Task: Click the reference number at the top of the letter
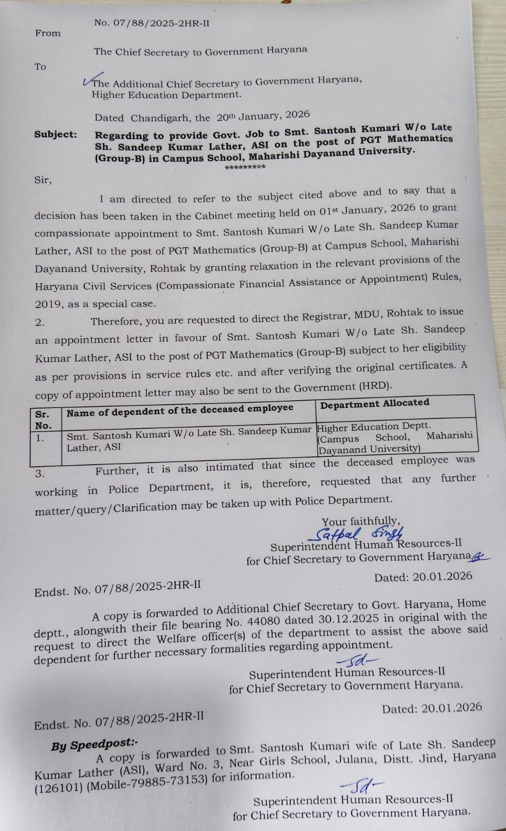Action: click(x=152, y=23)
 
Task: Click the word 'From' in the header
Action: click(x=48, y=33)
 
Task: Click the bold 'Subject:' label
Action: click(x=56, y=135)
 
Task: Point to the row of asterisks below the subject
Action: click(x=245, y=167)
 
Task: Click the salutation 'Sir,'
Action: click(x=43, y=180)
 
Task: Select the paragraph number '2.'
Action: click(x=40, y=322)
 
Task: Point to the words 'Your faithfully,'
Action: click(x=361, y=521)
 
